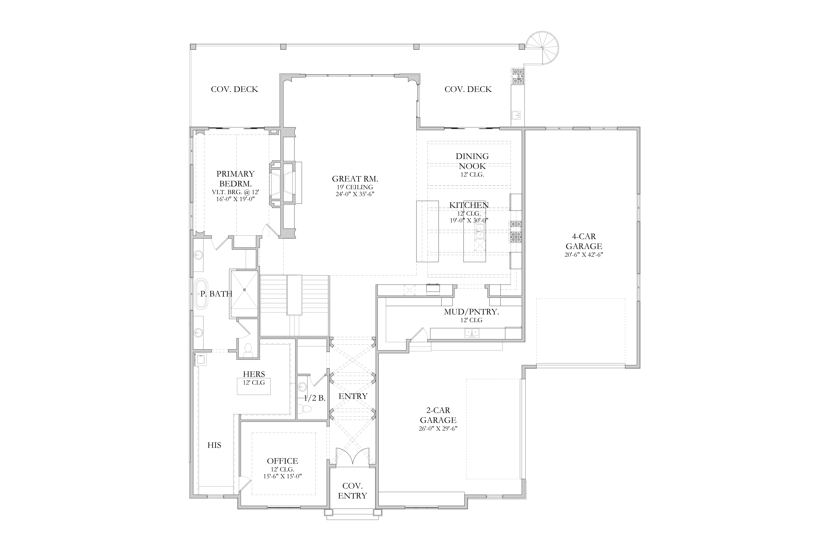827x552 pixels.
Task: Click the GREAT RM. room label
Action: [355, 179]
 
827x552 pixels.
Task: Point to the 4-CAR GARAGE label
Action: [584, 241]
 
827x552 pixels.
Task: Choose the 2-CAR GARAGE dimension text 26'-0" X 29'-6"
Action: [438, 428]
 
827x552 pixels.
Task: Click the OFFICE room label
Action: [282, 461]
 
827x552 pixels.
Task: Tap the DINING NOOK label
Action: [472, 161]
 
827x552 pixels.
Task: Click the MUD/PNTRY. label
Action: [472, 312]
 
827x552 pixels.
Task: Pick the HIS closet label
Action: [214, 445]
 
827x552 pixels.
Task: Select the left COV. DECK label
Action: [235, 89]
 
